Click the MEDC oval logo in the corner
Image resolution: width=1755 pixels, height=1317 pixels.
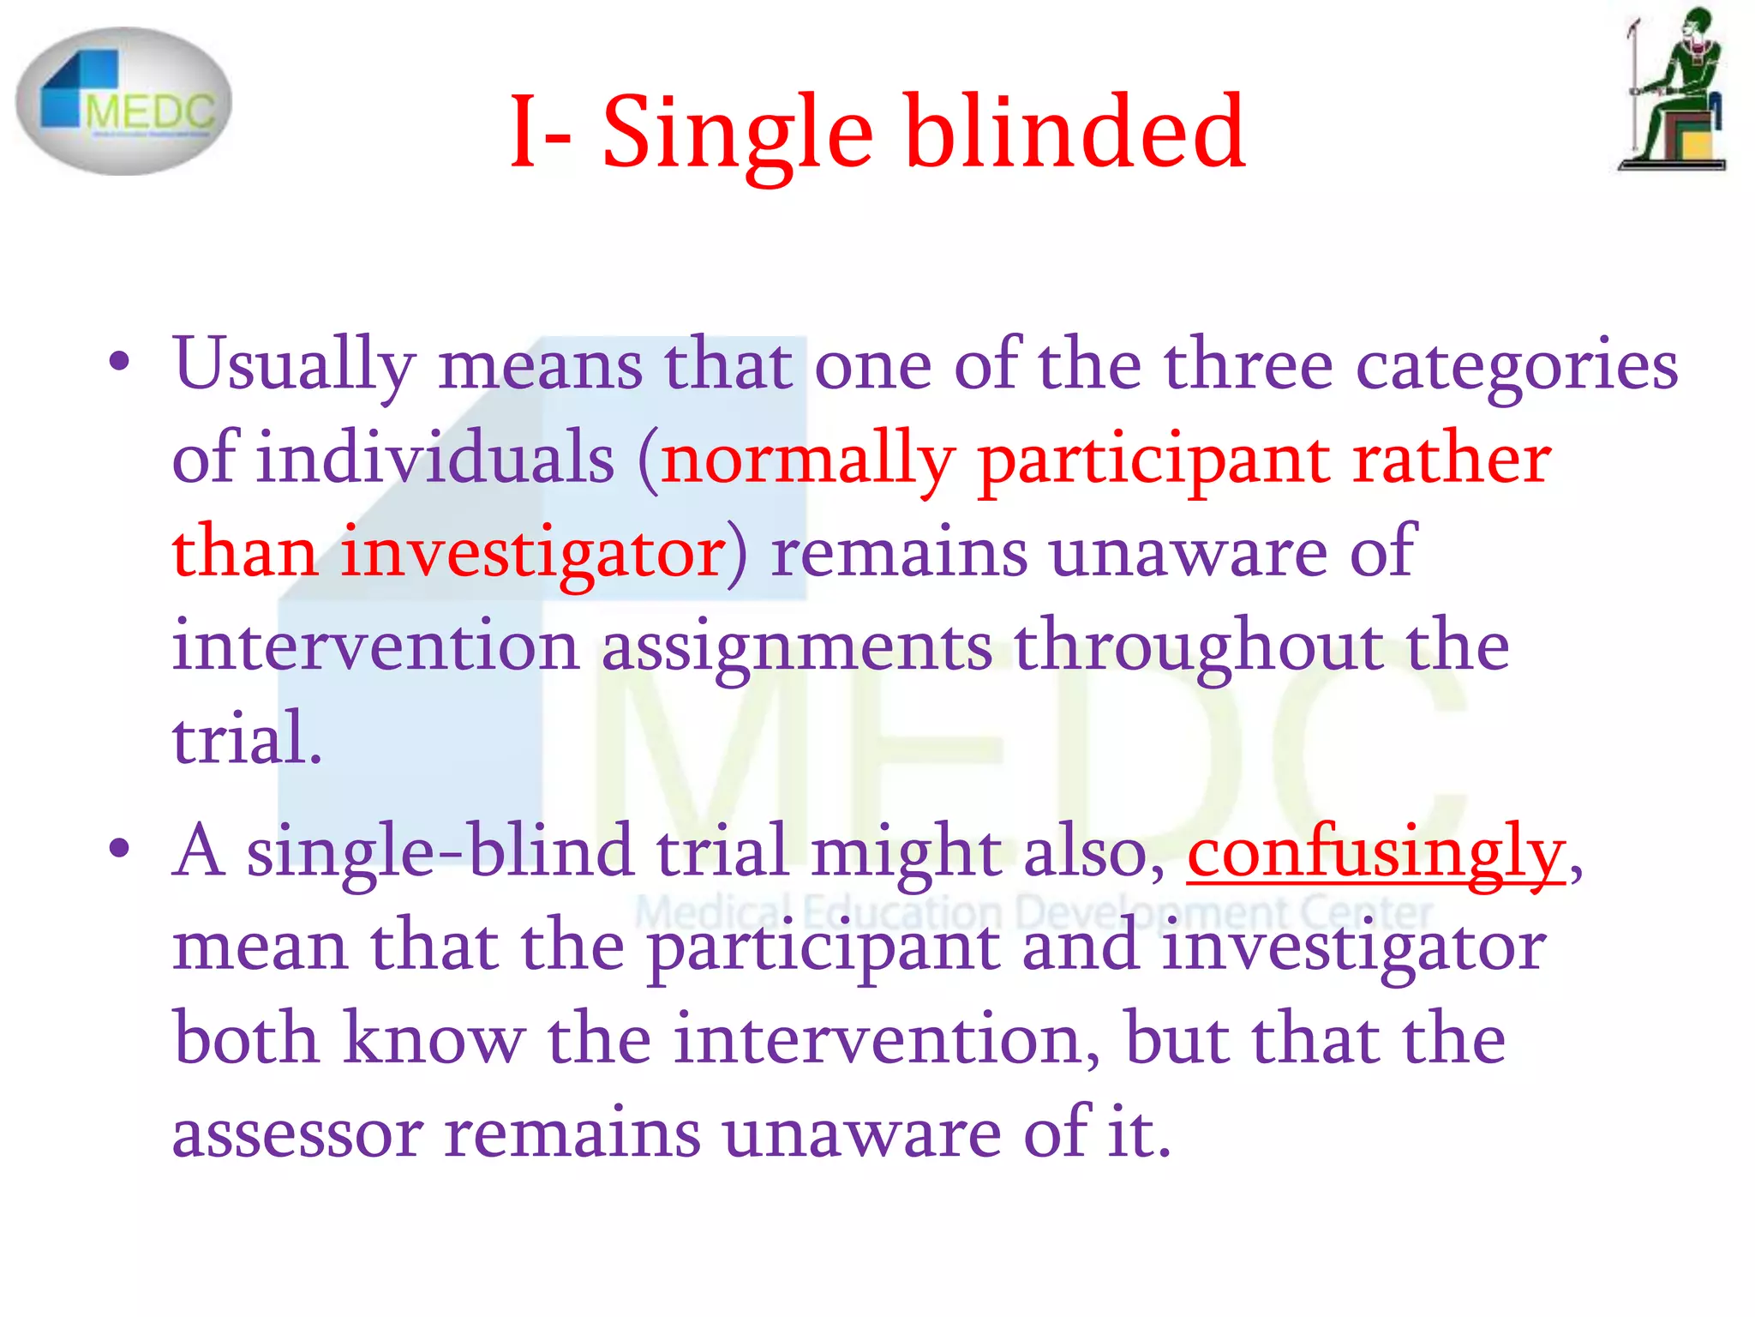pyautogui.click(x=124, y=101)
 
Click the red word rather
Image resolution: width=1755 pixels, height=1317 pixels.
pyautogui.click(x=1452, y=459)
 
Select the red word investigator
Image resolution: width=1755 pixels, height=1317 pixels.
pyautogui.click(x=533, y=553)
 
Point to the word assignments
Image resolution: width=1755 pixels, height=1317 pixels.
pyautogui.click(x=797, y=647)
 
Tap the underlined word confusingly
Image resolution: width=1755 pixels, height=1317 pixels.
pyautogui.click(x=1376, y=853)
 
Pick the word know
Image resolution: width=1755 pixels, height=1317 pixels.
pyautogui.click(x=434, y=1038)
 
